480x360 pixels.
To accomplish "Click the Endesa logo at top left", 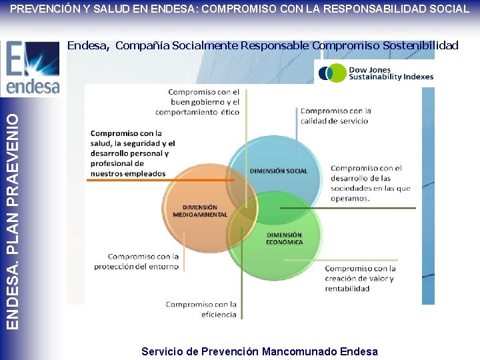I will (32, 68).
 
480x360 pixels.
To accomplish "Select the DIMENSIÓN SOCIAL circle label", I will (279, 171).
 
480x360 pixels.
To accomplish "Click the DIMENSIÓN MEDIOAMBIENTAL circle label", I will (200, 211).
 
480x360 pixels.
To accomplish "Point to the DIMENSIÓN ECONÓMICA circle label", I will (284, 239).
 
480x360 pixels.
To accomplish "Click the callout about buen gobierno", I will (204, 102).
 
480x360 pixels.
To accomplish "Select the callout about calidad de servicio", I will (335, 115).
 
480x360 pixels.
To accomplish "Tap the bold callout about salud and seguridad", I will (133, 153).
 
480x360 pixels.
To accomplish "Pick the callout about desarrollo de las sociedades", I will (370, 183).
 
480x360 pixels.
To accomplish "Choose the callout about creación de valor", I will (360, 278).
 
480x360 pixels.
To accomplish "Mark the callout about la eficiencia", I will (201, 309).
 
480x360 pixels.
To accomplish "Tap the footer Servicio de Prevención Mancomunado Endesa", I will (259, 351).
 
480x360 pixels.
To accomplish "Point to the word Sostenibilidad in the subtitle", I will (421, 45).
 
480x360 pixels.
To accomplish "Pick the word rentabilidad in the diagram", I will (347, 288).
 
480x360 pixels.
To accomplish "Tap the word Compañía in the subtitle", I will (142, 45).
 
